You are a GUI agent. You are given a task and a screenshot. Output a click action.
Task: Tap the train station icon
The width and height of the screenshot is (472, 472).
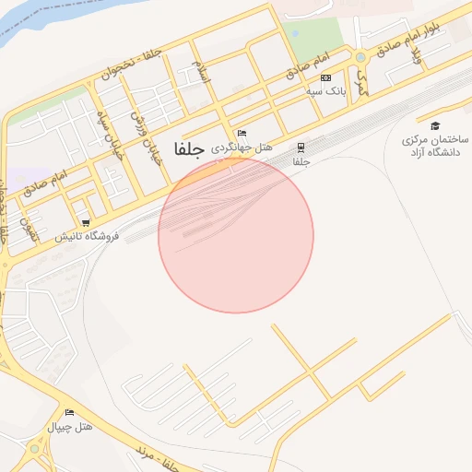point(301,147)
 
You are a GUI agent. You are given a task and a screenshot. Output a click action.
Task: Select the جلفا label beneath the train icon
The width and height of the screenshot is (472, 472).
point(301,162)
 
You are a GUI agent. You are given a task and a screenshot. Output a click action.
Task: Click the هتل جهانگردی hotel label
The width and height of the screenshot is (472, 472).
point(242,148)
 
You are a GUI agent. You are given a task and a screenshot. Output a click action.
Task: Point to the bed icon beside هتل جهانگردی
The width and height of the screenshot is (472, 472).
point(242,134)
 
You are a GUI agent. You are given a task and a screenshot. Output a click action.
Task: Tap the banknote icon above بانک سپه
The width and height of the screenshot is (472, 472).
point(325,78)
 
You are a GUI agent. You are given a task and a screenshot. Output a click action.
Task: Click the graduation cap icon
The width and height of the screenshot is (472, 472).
point(435,126)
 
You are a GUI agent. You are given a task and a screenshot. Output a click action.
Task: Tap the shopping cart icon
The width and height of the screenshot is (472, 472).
point(86,222)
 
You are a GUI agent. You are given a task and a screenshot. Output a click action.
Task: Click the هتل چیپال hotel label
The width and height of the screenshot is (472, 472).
point(70,428)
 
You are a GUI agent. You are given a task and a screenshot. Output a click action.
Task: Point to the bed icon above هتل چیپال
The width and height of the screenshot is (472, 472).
point(69,413)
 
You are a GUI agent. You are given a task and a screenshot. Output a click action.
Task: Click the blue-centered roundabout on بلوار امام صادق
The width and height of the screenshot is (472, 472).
point(360,56)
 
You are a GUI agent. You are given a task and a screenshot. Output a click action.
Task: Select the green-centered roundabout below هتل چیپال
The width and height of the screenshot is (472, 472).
point(35,449)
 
